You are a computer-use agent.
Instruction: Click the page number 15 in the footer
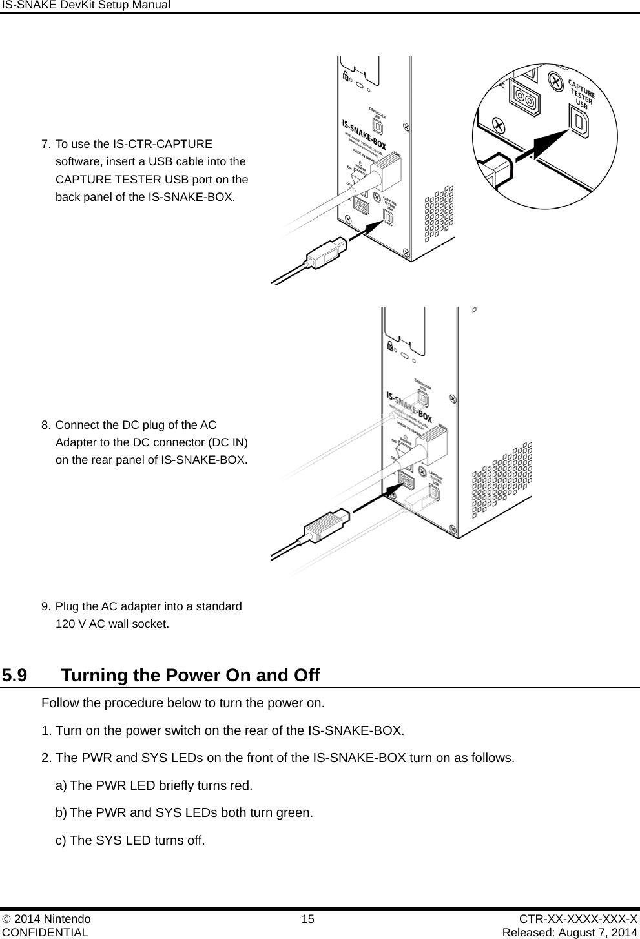point(308,919)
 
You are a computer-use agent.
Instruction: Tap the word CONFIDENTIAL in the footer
point(45,932)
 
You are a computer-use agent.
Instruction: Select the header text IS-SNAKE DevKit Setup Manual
point(85,5)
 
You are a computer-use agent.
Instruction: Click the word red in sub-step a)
point(240,786)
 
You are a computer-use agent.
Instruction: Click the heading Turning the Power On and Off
point(191,676)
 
